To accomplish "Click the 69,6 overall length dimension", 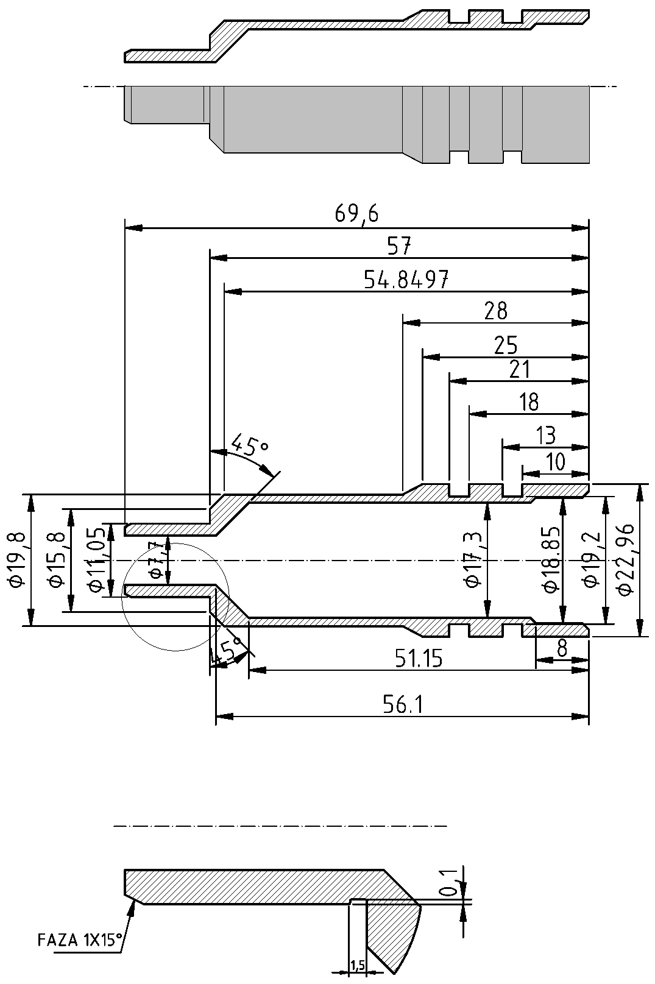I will tap(356, 214).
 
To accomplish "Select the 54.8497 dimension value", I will tap(406, 280).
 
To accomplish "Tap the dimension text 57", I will tap(399, 247).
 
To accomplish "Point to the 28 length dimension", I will tap(495, 311).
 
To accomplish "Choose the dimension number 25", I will tap(505, 345).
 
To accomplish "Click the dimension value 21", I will tap(519, 369).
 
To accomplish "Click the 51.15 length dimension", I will tap(418, 659).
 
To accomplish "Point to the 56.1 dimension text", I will tap(403, 704).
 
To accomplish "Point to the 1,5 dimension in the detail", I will tap(358, 965).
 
